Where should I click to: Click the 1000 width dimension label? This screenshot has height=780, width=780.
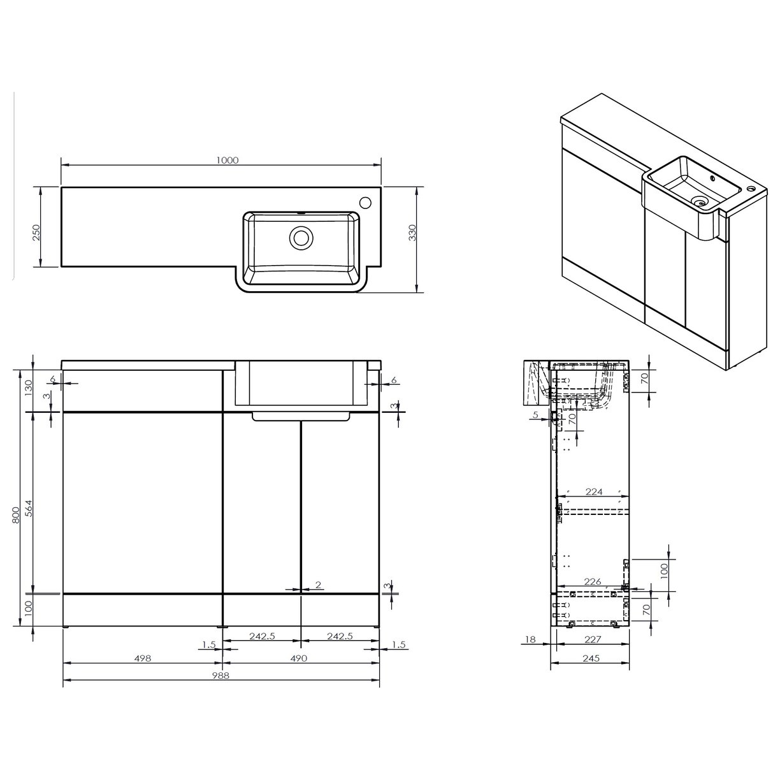227,160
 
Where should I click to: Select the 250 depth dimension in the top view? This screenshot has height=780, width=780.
36,232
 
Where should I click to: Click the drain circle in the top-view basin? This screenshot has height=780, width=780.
301,238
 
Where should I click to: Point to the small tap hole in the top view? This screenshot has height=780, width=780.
366,203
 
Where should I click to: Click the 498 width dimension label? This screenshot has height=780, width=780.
143,659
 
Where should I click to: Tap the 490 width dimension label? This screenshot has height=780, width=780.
300,659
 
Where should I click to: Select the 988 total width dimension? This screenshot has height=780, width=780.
221,675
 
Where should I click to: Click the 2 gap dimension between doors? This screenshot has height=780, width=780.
317,585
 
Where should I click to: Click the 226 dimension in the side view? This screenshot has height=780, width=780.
593,581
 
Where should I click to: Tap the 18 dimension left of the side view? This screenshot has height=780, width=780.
530,639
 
